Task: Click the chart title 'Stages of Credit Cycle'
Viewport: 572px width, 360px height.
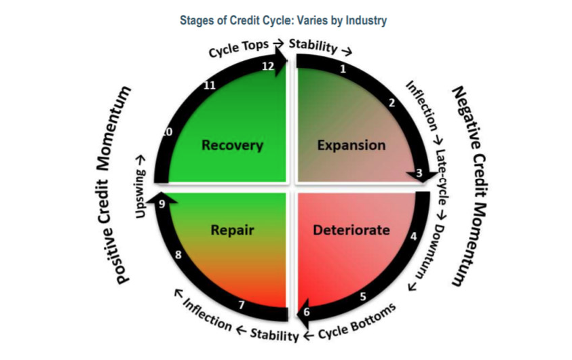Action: click(x=283, y=20)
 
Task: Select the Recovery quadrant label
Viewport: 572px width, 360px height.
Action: click(x=231, y=144)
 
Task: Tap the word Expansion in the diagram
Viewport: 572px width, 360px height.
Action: click(x=351, y=144)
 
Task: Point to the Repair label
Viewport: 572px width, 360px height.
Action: click(x=232, y=230)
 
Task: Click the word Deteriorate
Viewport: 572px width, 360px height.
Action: click(x=351, y=230)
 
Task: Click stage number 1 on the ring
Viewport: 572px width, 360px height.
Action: click(x=343, y=68)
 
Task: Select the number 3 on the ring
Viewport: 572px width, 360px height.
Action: click(x=419, y=174)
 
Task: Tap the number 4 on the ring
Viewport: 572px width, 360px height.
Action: click(x=413, y=237)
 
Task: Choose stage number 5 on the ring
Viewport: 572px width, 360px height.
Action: click(x=363, y=296)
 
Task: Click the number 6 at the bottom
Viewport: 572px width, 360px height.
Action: click(x=306, y=312)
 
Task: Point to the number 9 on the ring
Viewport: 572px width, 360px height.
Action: click(x=161, y=205)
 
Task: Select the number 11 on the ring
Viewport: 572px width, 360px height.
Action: click(x=210, y=85)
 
